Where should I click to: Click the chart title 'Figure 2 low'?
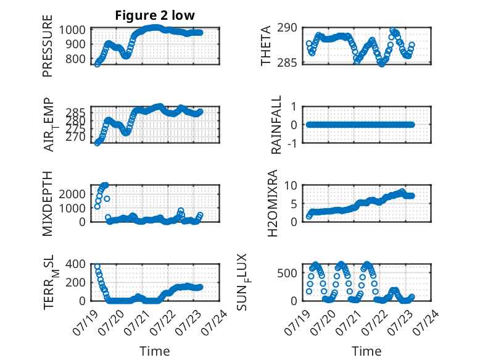tap(155, 15)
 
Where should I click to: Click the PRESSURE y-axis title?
tap(48, 46)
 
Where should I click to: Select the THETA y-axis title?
tap(266, 46)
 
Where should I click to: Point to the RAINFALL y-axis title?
tap(276, 125)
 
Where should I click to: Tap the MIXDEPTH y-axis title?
tap(48, 204)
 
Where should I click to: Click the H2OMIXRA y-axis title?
tap(273, 203)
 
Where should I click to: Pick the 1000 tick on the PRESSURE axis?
tap(72, 30)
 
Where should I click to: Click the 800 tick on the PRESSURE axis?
tap(75, 59)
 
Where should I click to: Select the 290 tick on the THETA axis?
tap(287, 28)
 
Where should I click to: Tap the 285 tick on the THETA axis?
tap(287, 63)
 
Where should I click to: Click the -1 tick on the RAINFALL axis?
tap(292, 143)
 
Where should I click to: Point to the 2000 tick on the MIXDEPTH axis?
tap(72, 194)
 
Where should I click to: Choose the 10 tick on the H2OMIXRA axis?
tap(291, 185)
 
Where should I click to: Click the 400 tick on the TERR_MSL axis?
tap(75, 264)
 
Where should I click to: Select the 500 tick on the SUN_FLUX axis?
tap(287, 273)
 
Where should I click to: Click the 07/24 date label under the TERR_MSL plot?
tap(215, 322)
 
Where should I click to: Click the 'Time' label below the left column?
tap(155, 351)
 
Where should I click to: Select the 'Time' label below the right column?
tap(366, 351)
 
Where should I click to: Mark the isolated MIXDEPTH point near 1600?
tap(107, 199)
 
